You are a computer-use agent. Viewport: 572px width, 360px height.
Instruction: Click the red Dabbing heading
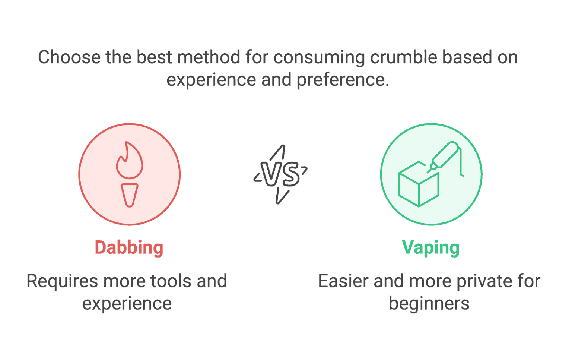coord(129,247)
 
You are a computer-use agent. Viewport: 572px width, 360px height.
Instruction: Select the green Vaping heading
coord(430,247)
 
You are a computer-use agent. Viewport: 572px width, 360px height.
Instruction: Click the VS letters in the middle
coord(280,174)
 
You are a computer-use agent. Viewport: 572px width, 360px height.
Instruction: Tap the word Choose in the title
coord(69,57)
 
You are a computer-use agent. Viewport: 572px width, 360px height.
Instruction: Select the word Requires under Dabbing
coord(62,282)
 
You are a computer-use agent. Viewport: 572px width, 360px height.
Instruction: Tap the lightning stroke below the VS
coord(282,196)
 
